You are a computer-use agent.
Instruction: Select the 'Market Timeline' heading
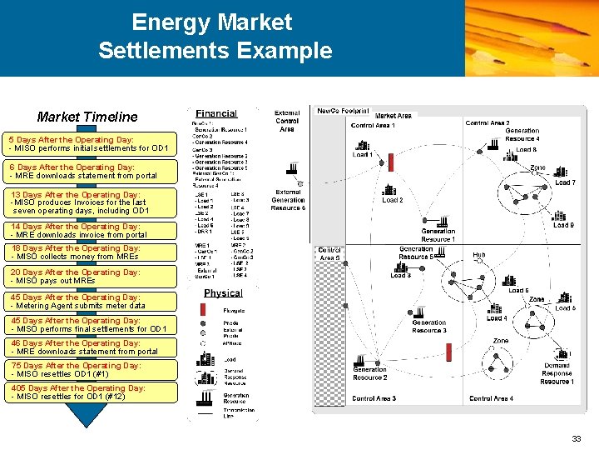(87, 117)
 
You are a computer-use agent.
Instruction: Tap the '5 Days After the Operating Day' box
(90, 144)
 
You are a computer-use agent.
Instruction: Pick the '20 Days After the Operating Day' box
(90, 277)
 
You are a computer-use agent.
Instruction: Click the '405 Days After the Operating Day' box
(90, 392)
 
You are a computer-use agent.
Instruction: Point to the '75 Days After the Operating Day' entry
(90, 369)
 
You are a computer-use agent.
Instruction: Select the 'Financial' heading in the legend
(216, 113)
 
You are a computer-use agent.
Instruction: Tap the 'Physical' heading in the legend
(223, 292)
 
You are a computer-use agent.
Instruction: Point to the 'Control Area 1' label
(372, 126)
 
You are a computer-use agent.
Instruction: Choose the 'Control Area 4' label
(491, 398)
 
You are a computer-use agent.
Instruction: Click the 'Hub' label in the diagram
(479, 255)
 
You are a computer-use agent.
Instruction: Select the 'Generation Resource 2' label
(369, 373)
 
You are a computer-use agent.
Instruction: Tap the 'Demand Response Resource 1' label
(557, 373)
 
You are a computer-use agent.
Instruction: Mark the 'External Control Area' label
(287, 121)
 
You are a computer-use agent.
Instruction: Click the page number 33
(577, 438)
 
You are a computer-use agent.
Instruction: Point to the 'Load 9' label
(563, 224)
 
